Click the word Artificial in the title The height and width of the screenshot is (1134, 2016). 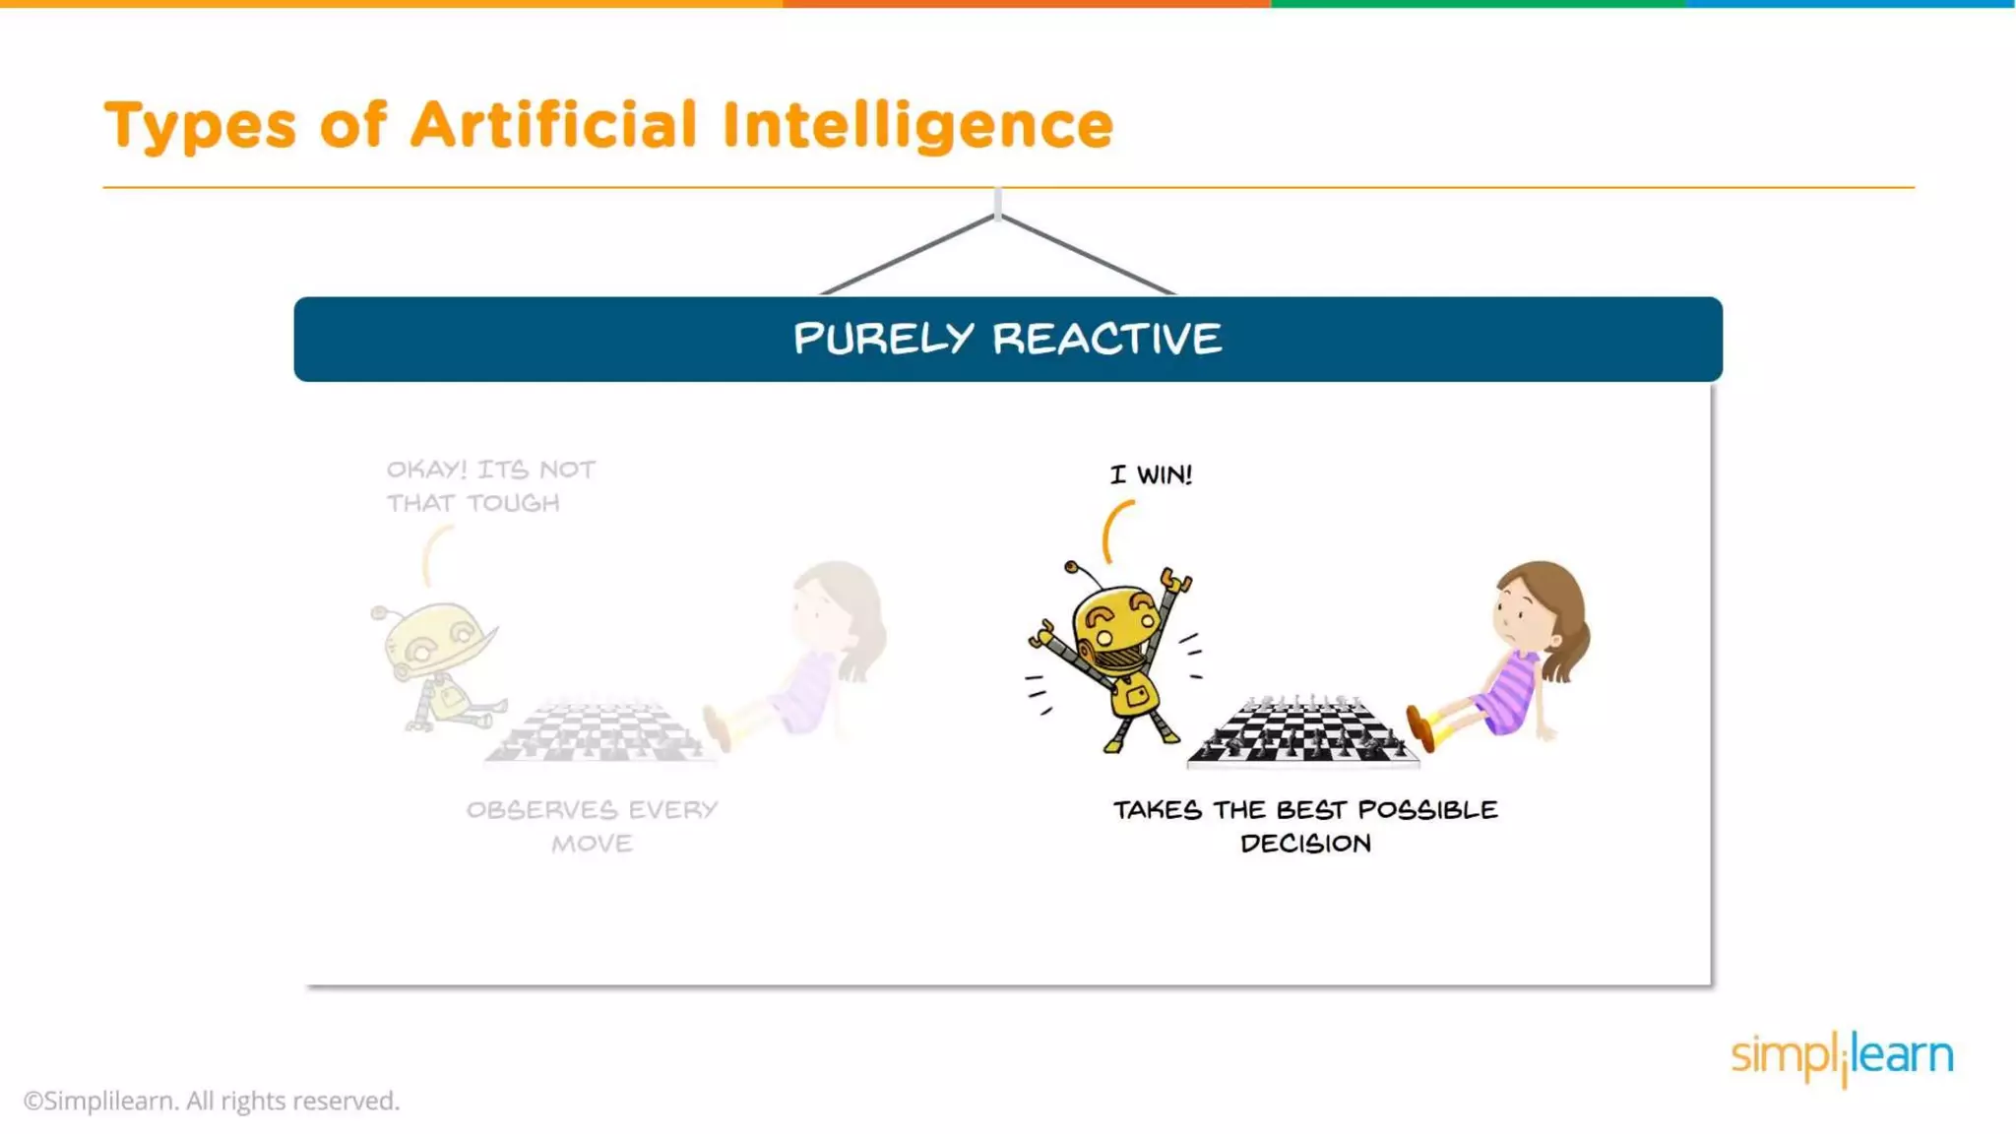pyautogui.click(x=553, y=125)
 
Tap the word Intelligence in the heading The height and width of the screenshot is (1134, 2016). pyautogui.click(x=917, y=127)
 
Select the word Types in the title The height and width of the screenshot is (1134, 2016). pyautogui.click(x=200, y=127)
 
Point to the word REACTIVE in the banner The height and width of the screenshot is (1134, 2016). pyautogui.click(x=1106, y=339)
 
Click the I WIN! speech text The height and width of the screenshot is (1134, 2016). pyautogui.click(x=1151, y=474)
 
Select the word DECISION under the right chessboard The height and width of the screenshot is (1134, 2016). pyautogui.click(x=1305, y=844)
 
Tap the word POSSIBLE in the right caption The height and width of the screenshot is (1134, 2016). pyautogui.click(x=1427, y=810)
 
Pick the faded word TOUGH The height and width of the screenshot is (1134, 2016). pyautogui.click(x=513, y=503)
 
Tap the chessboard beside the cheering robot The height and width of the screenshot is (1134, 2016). pyautogui.click(x=1302, y=733)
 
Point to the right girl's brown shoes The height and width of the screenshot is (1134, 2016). pyautogui.click(x=1420, y=727)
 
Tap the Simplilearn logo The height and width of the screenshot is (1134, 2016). pyautogui.click(x=1842, y=1056)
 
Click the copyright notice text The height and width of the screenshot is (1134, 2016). pyautogui.click(x=212, y=1101)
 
